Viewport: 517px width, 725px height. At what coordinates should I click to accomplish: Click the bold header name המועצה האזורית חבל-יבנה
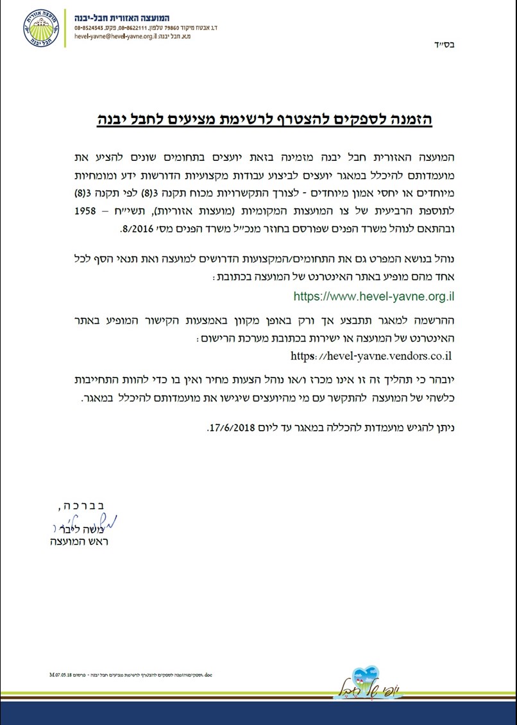pyautogui.click(x=122, y=17)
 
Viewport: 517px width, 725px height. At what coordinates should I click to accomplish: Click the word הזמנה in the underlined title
pyautogui.click(x=412, y=119)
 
